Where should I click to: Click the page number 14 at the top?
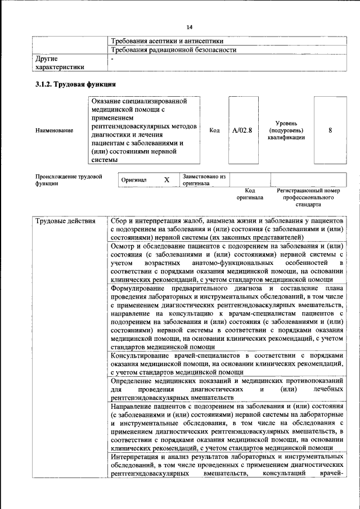[190, 28]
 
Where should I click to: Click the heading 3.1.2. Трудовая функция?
[75, 84]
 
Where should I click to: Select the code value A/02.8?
[242, 130]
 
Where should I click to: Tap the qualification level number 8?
[330, 130]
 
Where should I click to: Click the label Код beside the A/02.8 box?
[214, 130]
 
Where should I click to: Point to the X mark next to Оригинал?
[166, 180]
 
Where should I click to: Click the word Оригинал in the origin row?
[134, 180]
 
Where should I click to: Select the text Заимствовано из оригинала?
[204, 179]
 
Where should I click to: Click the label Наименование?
[54, 130]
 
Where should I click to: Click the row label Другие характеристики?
[60, 62]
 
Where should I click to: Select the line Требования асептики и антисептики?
[167, 41]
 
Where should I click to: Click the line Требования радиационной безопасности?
[173, 49]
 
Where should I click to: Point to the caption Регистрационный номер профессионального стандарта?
[309, 198]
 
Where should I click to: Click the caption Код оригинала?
[250, 195]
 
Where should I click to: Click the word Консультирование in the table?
[144, 355]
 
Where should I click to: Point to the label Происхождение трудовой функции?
[69, 180]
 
